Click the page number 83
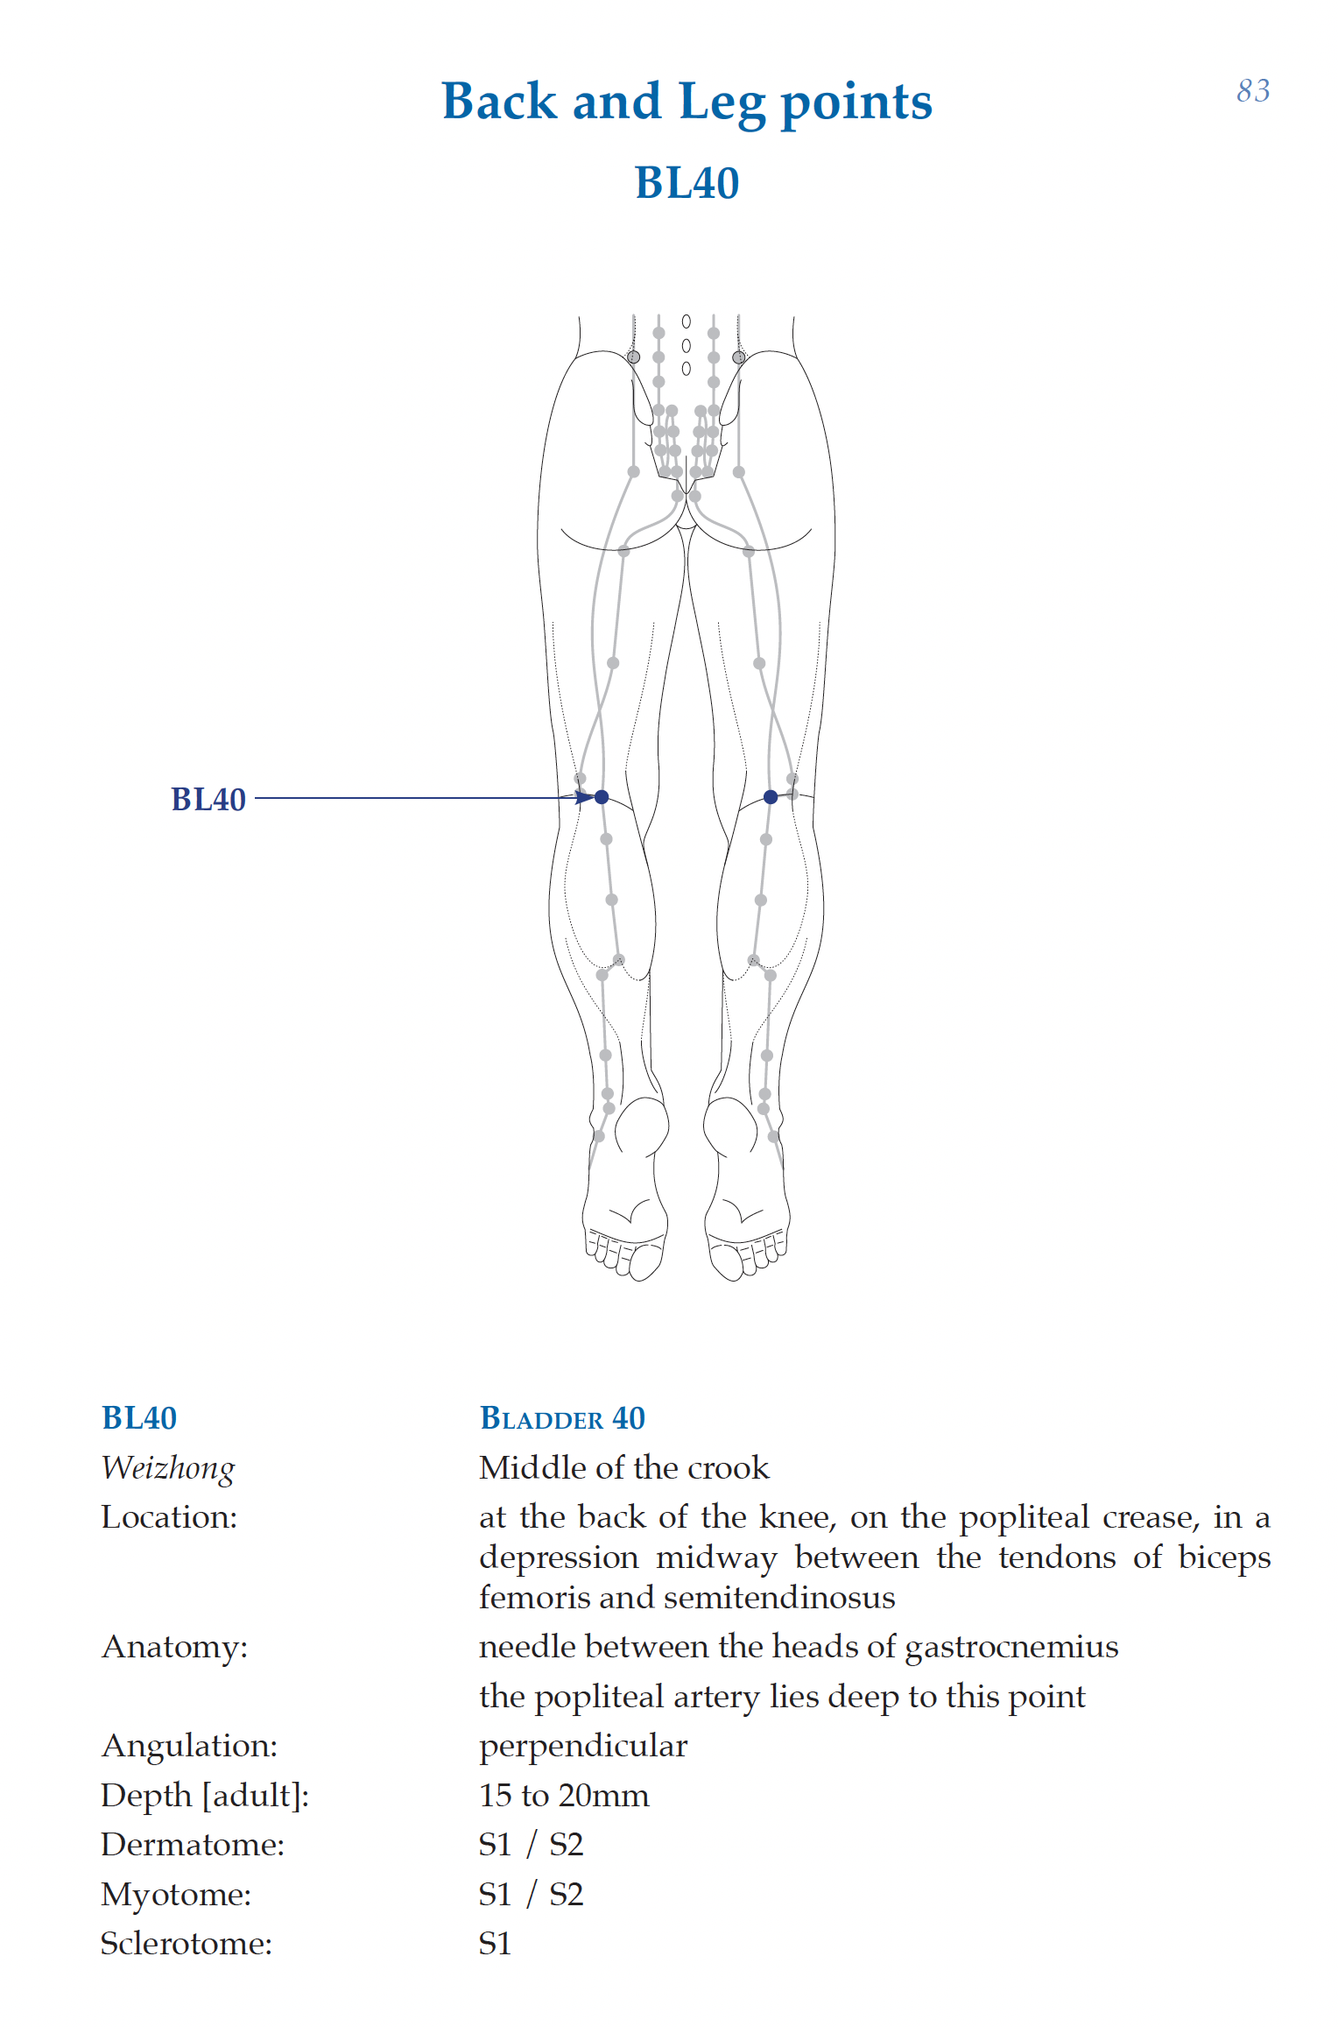click(x=1252, y=91)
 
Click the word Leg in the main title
click(x=722, y=102)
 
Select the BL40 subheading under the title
click(x=687, y=183)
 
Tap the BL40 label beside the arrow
click(x=208, y=800)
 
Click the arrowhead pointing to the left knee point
click(x=584, y=797)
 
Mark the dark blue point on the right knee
click(x=771, y=797)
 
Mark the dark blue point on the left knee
click(x=602, y=797)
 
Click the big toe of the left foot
click(x=645, y=1263)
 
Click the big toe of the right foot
click(x=726, y=1263)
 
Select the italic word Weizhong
click(x=168, y=1468)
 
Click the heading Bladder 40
click(x=562, y=1418)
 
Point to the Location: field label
click(x=169, y=1517)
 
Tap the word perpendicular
click(x=583, y=1747)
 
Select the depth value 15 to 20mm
click(x=564, y=1796)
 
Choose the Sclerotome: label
click(x=187, y=1944)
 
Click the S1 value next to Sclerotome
click(x=495, y=1944)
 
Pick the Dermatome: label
click(x=193, y=1845)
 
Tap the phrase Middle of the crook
click(x=623, y=1468)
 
